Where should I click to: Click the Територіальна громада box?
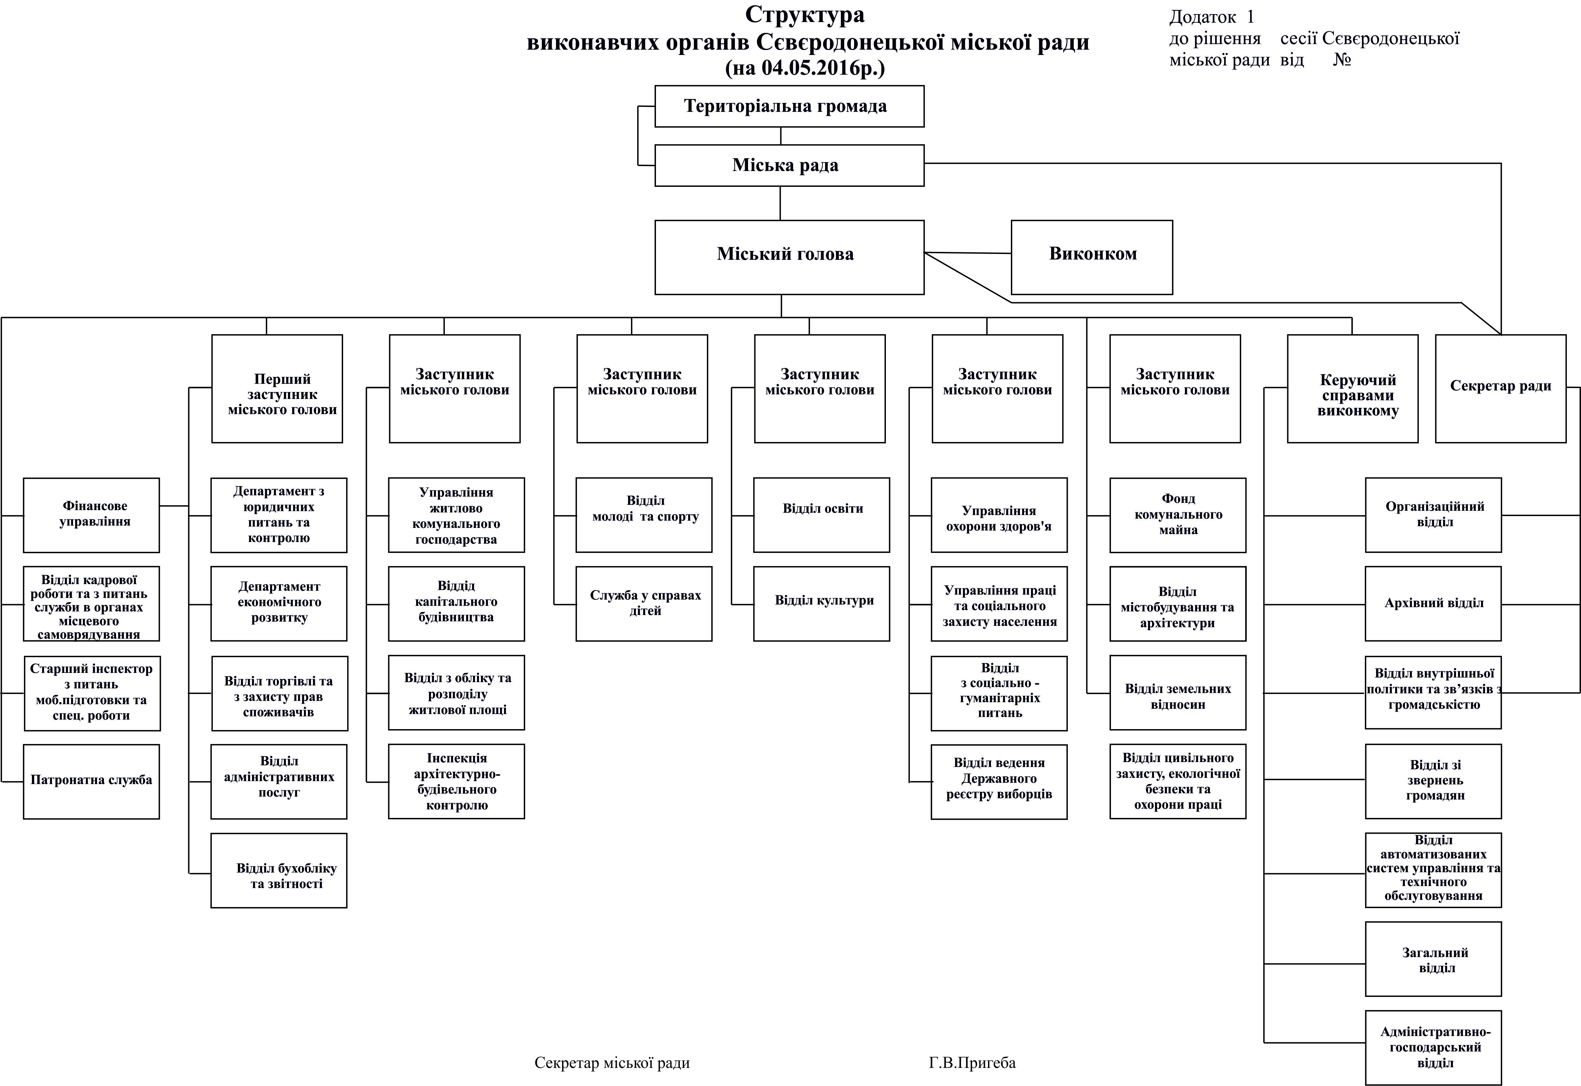(789, 106)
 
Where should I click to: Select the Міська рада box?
(789, 165)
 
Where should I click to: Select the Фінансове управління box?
(91, 515)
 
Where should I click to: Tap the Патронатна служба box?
(91, 781)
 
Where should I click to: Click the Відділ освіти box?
(821, 515)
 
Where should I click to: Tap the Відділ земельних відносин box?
(1177, 693)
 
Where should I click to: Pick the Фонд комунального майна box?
(1177, 515)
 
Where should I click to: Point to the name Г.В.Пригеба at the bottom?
(972, 1063)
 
